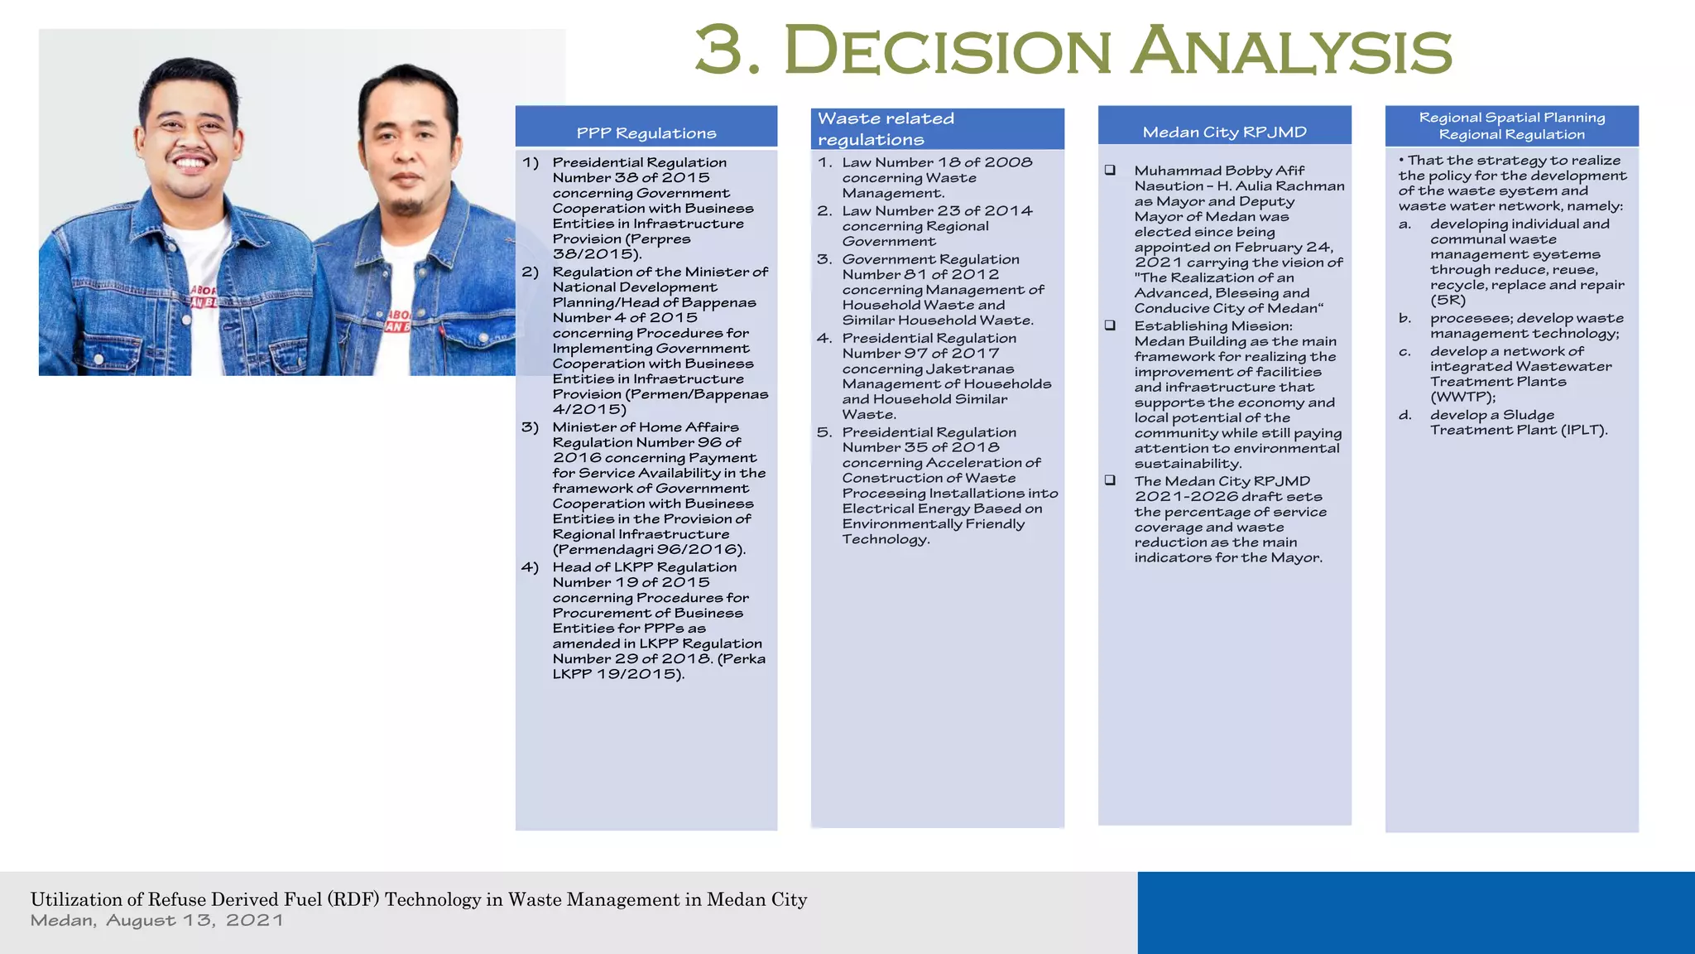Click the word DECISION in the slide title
947,51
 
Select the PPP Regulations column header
646,133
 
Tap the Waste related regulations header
886,129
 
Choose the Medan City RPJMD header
1224,132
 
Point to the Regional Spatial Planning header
1511,126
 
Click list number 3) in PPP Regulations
530,427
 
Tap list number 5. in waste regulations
824,432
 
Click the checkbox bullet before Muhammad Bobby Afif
1110,171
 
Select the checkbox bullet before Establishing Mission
1110,325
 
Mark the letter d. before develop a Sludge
1405,415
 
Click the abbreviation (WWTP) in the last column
1462,397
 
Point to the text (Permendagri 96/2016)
649,549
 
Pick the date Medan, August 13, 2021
157,921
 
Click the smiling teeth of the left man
191,161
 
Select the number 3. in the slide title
727,51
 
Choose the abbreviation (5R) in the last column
1448,300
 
